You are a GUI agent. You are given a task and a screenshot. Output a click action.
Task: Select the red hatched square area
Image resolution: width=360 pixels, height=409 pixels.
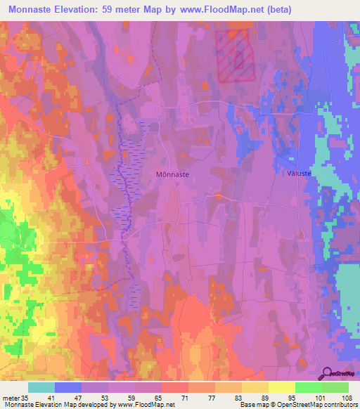(234, 56)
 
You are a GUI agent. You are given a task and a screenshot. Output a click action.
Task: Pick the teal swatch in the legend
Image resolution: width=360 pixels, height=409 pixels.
(41, 387)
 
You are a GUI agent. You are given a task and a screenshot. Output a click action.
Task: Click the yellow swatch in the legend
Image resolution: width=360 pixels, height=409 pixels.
(281, 387)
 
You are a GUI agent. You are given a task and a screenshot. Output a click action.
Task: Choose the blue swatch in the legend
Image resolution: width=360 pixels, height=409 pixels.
(68, 387)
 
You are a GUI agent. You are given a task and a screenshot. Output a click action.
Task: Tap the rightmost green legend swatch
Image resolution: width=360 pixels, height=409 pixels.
(335, 387)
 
